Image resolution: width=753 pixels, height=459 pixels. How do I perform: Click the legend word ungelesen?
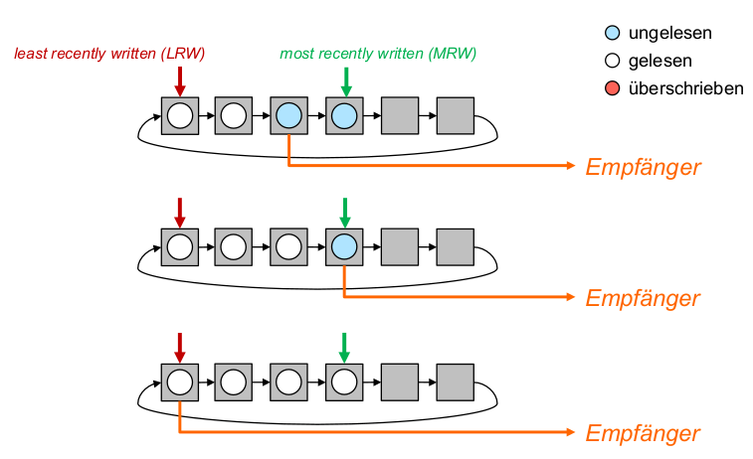670,34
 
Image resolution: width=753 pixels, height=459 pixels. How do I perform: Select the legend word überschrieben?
686,88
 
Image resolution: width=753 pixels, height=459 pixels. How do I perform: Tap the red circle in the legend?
611,89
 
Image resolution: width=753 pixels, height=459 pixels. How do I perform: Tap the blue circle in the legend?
611,34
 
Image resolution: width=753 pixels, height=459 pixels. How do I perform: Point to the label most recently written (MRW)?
378,53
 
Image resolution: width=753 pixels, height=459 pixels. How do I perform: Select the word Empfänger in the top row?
643,167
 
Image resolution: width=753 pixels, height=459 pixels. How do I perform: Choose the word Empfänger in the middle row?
643,298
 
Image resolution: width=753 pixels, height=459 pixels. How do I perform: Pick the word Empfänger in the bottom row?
643,433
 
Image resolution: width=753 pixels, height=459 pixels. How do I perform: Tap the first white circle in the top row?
179,116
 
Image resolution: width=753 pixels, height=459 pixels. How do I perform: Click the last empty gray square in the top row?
455,116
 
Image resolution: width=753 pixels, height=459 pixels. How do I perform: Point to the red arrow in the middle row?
180,211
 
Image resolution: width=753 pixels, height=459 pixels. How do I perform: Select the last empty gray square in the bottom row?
455,382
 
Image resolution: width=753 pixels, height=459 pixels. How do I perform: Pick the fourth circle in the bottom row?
343,382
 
